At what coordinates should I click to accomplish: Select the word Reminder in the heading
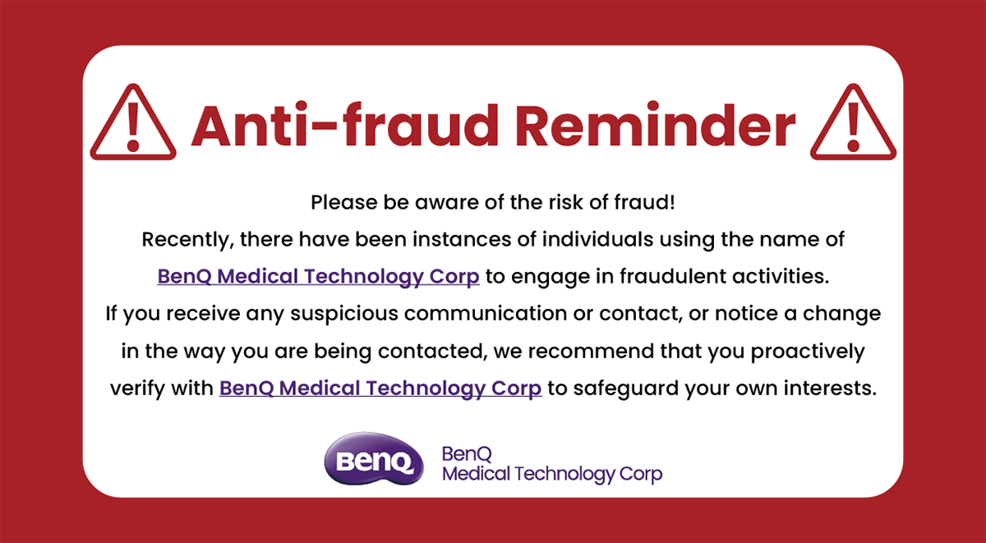pos(655,126)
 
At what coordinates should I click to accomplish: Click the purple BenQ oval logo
pos(374,458)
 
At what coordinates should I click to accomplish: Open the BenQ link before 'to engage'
pos(318,277)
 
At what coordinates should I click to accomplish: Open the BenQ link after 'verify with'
pos(380,389)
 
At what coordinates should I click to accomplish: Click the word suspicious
pos(344,314)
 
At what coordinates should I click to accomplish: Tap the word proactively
pos(808,352)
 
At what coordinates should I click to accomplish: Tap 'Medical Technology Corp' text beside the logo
pos(552,474)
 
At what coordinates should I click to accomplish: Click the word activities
pos(781,277)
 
